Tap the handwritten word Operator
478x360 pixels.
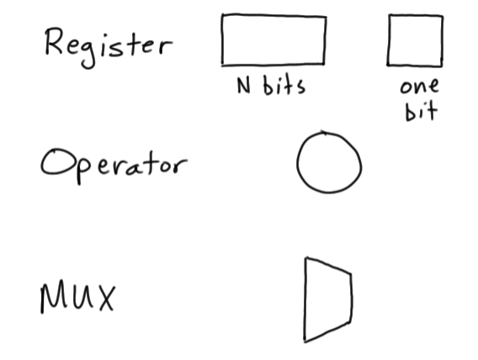111,163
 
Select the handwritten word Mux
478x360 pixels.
76,297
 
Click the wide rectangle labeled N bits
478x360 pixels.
274,40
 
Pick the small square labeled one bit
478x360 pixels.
415,40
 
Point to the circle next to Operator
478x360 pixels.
328,163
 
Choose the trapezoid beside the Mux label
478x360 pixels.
327,299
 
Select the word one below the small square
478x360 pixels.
419,87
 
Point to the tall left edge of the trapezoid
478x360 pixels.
305,299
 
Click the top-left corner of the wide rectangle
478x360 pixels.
222,16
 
